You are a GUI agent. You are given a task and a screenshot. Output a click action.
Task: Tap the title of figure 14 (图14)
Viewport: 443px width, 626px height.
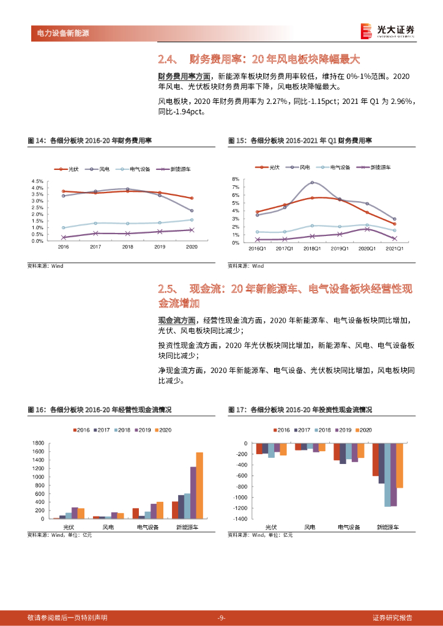click(90, 141)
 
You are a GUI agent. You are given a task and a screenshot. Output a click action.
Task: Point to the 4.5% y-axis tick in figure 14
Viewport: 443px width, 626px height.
click(36, 182)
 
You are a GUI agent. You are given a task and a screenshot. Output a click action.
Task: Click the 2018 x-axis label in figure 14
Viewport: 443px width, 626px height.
click(127, 247)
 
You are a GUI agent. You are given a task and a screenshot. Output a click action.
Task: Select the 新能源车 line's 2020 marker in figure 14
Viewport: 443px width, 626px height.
click(192, 230)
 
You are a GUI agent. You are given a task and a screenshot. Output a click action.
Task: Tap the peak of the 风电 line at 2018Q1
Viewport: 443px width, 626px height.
click(312, 182)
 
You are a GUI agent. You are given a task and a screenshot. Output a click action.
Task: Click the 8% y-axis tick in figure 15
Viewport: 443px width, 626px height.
click(234, 179)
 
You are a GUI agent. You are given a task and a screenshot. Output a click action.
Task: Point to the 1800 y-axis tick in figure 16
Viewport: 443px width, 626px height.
click(38, 443)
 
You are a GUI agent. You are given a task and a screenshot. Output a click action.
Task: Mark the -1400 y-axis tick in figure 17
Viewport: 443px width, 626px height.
click(239, 519)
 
